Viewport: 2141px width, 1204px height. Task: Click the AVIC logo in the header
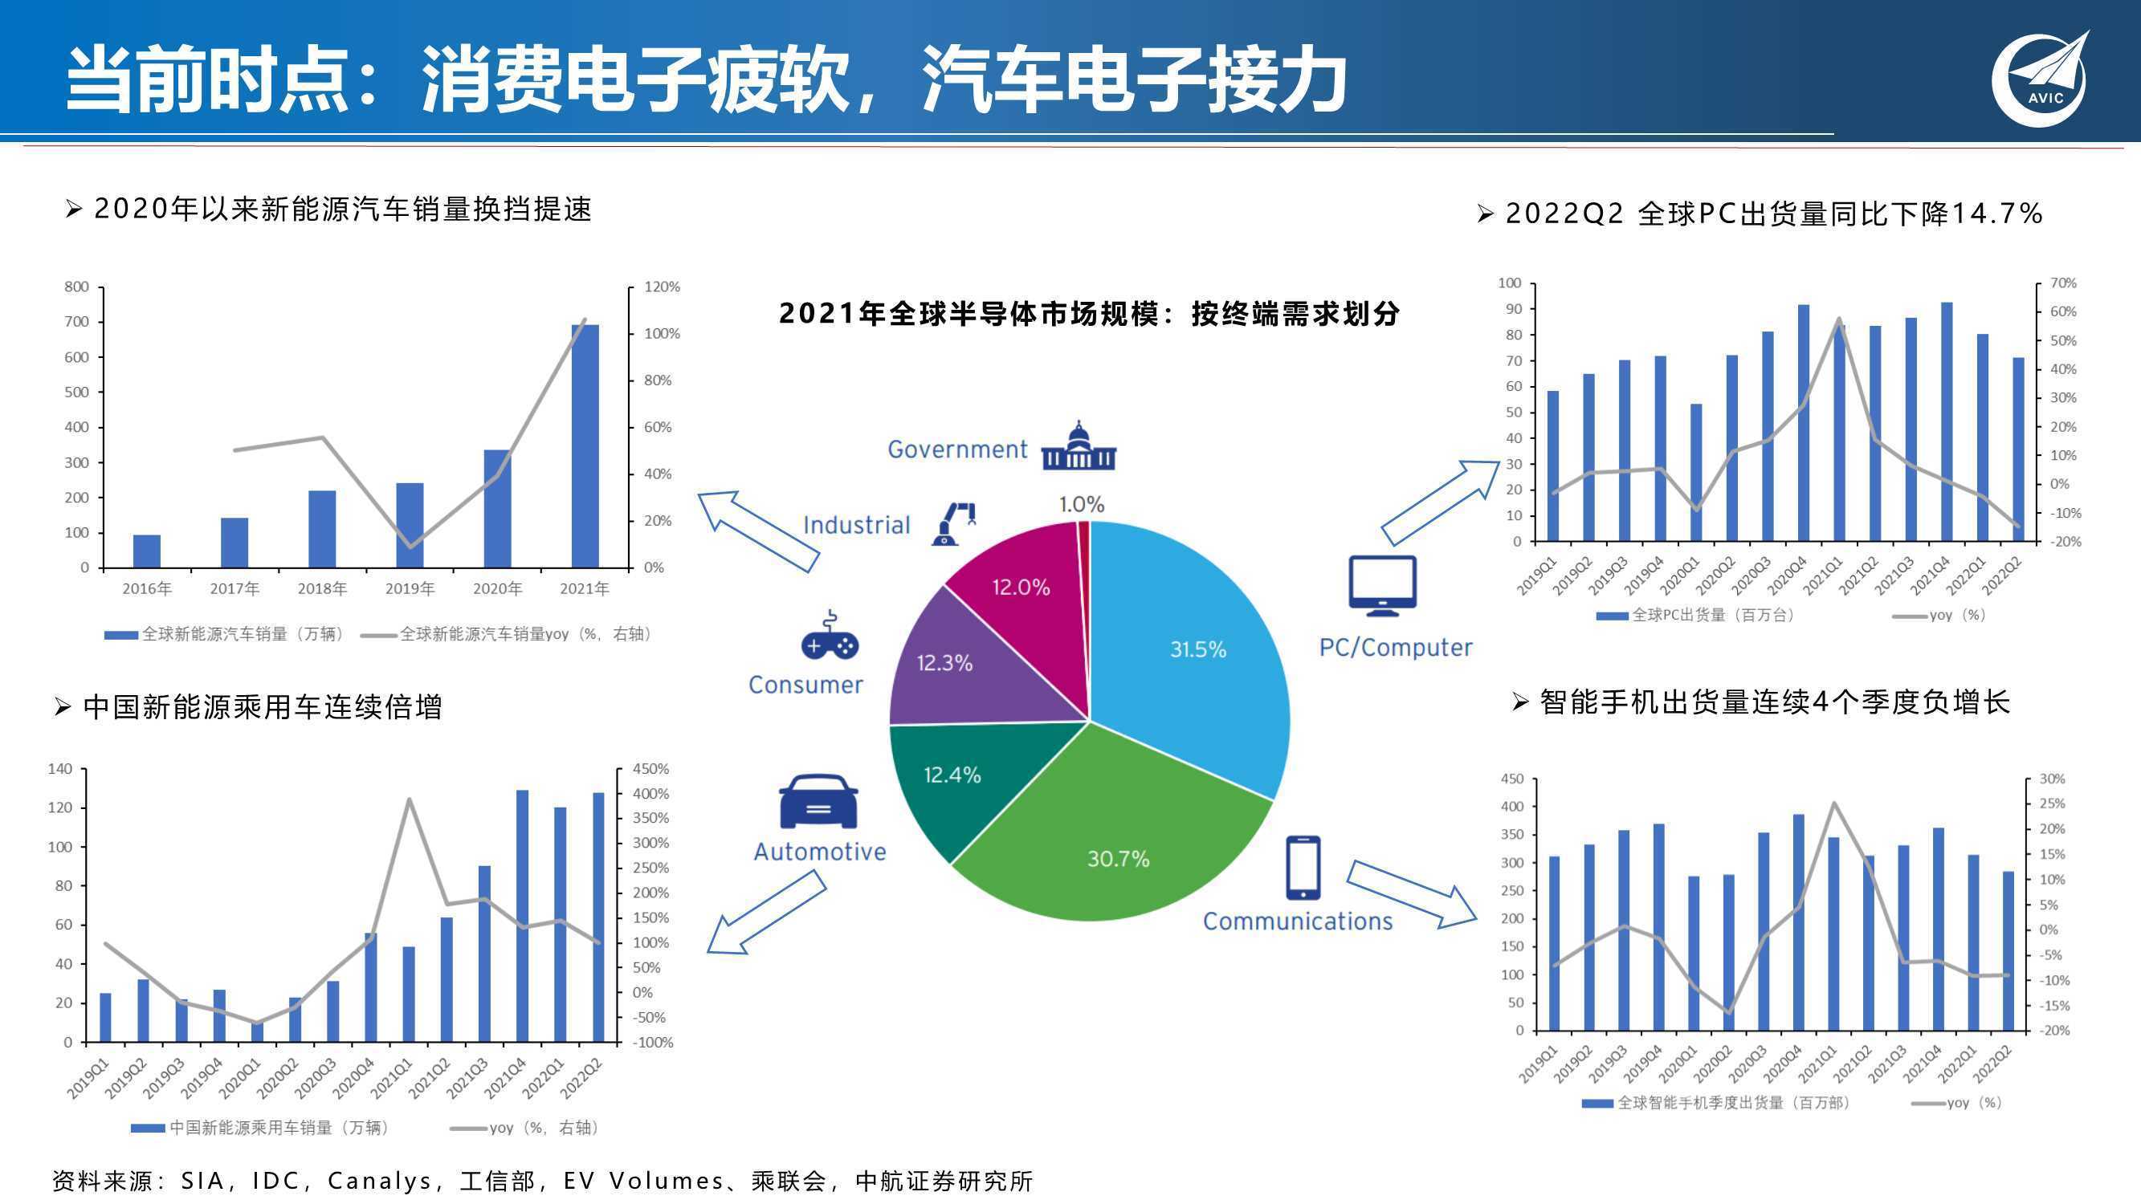click(2041, 79)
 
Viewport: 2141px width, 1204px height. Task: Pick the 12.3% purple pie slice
click(956, 665)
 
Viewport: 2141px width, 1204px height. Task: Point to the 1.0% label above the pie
click(1081, 503)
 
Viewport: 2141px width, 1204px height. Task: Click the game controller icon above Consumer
click(830, 636)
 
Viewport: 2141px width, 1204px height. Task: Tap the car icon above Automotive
click(818, 801)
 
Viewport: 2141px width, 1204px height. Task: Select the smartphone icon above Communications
click(1303, 868)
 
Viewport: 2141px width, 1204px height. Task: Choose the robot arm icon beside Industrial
click(954, 523)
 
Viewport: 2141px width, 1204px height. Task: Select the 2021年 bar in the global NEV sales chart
click(585, 446)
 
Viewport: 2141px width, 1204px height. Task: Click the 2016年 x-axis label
click(146, 588)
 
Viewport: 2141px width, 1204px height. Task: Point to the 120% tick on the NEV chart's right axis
click(663, 287)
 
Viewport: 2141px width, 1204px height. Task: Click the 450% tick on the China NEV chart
click(650, 769)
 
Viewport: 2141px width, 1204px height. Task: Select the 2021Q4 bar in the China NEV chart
click(522, 916)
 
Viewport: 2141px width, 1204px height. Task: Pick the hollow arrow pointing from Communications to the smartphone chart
click(1411, 895)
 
